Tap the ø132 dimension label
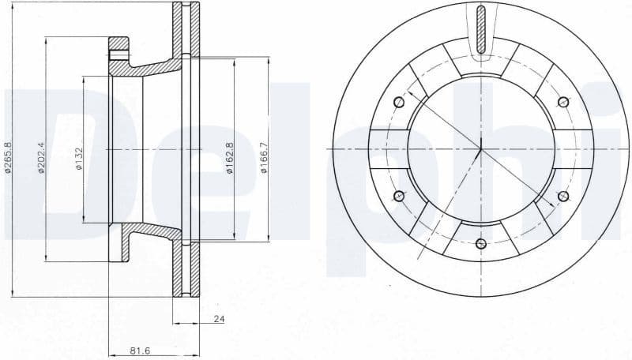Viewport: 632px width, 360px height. pyautogui.click(x=77, y=158)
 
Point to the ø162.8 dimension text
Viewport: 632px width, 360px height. pyautogui.click(x=230, y=158)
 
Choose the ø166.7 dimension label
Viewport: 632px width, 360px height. pyautogui.click(x=264, y=158)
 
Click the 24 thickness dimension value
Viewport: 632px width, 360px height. pyautogui.click(x=218, y=320)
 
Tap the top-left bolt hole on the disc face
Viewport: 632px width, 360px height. pyautogui.click(x=399, y=101)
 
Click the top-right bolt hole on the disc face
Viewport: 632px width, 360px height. pyautogui.click(x=563, y=101)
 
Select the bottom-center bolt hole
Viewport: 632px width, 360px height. pyautogui.click(x=481, y=243)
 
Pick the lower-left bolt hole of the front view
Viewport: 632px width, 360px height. pyautogui.click(x=399, y=196)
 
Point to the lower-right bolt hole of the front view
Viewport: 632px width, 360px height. pyautogui.click(x=563, y=196)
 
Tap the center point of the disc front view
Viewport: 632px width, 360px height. pyautogui.click(x=481, y=148)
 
